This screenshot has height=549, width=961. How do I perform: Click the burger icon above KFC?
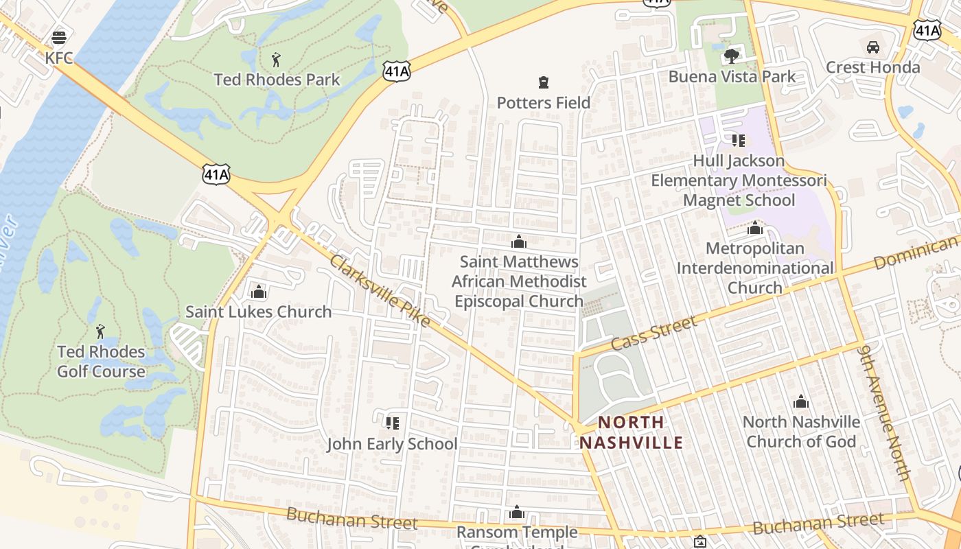(59, 37)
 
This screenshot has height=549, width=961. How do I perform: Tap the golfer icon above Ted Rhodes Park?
(276, 59)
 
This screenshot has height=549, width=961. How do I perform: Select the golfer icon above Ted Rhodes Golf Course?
(100, 331)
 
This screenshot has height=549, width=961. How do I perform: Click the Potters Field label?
(543, 103)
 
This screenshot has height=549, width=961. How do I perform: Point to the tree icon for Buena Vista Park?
(732, 56)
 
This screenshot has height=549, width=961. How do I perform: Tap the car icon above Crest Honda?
(872, 47)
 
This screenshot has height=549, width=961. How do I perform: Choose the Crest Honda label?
(872, 67)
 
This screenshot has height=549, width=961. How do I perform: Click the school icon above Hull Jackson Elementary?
(738, 141)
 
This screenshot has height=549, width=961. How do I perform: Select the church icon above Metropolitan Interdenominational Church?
(755, 228)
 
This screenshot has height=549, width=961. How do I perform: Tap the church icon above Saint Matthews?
(519, 242)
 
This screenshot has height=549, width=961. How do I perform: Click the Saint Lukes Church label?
(258, 312)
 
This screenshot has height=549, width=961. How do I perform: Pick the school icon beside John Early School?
(392, 423)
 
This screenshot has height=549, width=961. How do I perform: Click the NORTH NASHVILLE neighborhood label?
(631, 432)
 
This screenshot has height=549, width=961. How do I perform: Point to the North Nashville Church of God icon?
(800, 402)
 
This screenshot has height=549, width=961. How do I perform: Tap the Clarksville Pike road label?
(380, 290)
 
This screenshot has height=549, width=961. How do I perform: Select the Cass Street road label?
(653, 332)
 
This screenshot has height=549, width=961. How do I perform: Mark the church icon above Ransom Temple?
(517, 513)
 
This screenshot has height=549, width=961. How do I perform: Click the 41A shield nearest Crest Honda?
(926, 29)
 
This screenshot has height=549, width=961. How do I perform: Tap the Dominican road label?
(916, 253)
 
